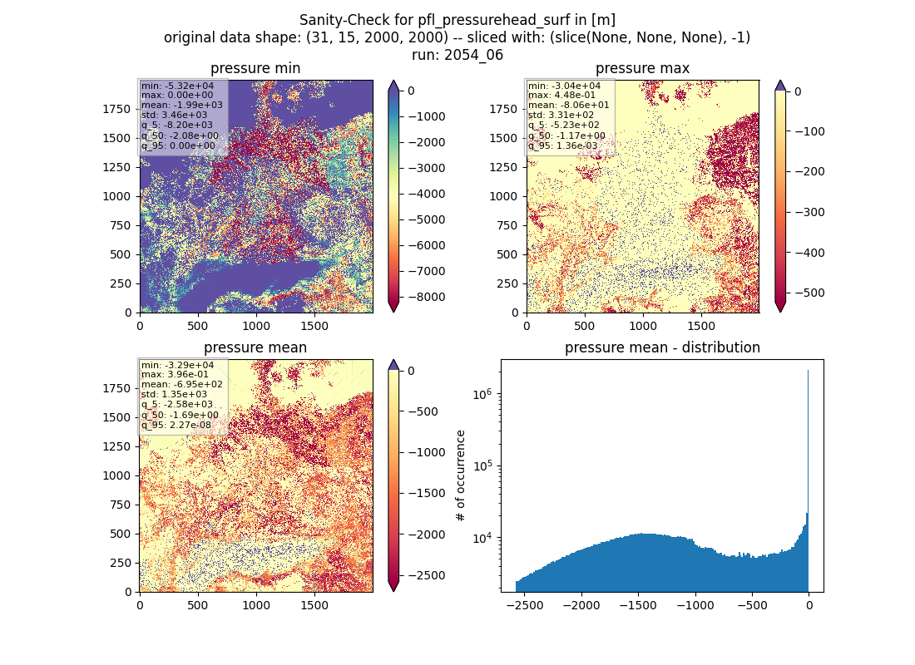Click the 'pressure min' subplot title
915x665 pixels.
click(x=255, y=68)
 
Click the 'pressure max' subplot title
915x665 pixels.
click(x=642, y=68)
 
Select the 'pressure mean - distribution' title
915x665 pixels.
click(x=662, y=347)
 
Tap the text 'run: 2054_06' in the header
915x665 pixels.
click(x=457, y=55)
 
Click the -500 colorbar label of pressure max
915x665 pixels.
click(x=805, y=293)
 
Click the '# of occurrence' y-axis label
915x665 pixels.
click(x=461, y=476)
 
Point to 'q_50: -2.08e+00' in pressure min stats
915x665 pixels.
click(x=180, y=136)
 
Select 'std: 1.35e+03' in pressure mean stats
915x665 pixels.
click(x=174, y=394)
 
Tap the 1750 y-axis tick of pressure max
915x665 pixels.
click(x=503, y=109)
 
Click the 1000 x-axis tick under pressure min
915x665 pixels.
click(x=256, y=326)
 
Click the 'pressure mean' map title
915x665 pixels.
click(x=255, y=347)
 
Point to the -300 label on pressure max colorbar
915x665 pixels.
click(x=805, y=212)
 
